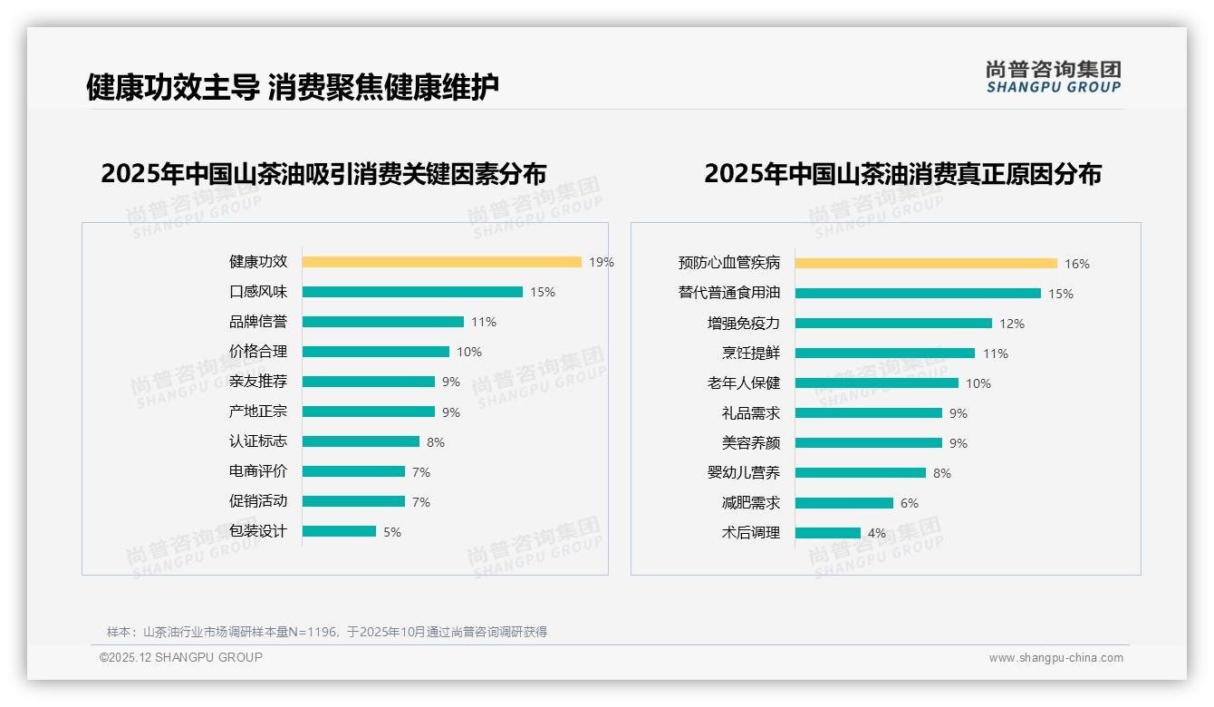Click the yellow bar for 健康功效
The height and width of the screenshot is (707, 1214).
(441, 262)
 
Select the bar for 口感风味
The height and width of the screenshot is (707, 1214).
(412, 292)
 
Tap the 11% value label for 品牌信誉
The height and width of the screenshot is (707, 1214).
(484, 322)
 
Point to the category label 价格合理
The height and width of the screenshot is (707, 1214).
(258, 352)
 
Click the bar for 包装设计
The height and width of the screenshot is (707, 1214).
(339, 531)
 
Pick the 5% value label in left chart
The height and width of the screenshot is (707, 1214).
(392, 532)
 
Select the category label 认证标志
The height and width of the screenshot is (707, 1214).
(258, 441)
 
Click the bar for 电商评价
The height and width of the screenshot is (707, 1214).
(353, 471)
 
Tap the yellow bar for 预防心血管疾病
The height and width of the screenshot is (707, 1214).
(926, 264)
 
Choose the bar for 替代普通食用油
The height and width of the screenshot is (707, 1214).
(918, 294)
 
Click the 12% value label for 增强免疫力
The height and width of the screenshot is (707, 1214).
(1012, 324)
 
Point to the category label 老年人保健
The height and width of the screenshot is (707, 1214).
(744, 383)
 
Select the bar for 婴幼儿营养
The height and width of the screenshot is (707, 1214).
(861, 473)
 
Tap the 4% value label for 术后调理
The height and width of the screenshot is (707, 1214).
(877, 533)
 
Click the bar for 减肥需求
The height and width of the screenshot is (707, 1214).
(844, 503)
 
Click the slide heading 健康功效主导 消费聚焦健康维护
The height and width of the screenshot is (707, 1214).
(292, 87)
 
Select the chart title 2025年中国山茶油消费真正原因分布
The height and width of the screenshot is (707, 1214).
(902, 174)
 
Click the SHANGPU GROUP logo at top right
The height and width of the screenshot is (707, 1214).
(1053, 77)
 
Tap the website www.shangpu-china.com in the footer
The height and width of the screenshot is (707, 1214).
(1055, 658)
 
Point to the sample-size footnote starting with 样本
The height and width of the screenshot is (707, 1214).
(327, 632)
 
